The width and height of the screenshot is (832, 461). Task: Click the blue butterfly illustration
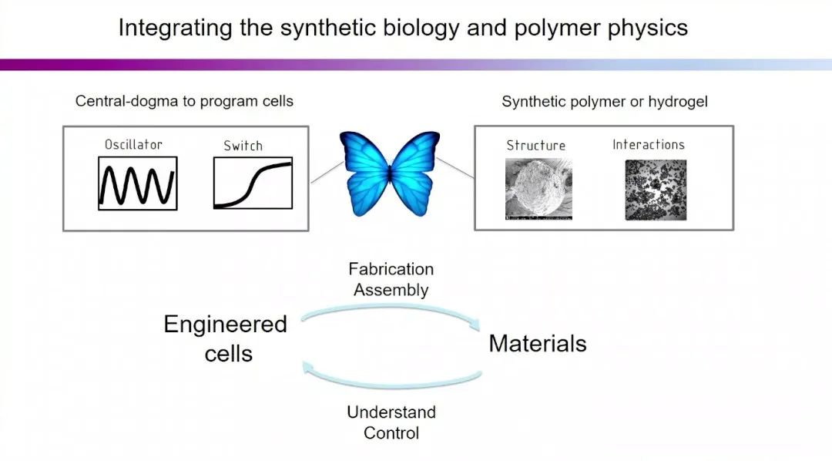(x=389, y=173)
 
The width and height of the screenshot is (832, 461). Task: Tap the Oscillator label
(x=133, y=144)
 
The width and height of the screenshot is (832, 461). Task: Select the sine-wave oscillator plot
(x=138, y=183)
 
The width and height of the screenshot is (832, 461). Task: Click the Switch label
(x=243, y=145)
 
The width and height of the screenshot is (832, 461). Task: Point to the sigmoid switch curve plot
(x=253, y=183)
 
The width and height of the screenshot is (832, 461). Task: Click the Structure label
(x=535, y=145)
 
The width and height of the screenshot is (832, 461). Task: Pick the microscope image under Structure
(x=538, y=190)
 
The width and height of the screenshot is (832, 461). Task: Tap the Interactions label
(x=648, y=144)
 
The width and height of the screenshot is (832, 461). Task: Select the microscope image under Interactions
(x=655, y=190)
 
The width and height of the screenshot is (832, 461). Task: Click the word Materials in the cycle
(x=538, y=343)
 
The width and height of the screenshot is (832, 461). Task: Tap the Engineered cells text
(x=226, y=338)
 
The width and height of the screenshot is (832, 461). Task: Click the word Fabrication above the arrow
(x=391, y=269)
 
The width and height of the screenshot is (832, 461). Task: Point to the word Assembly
(x=391, y=290)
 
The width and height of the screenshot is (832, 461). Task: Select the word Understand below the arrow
(x=391, y=412)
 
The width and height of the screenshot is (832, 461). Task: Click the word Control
(x=391, y=432)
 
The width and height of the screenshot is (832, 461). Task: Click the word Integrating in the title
(x=164, y=29)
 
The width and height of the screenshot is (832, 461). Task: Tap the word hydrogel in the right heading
(x=680, y=101)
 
